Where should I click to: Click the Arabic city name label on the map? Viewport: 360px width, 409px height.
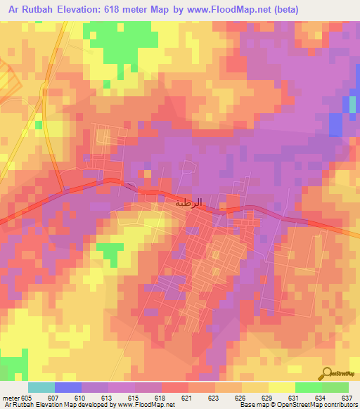point(188,202)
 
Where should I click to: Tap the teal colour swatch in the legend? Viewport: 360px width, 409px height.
point(41,387)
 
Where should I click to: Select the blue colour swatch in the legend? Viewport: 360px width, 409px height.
point(68,387)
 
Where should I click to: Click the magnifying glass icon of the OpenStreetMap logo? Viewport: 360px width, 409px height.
point(328,372)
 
